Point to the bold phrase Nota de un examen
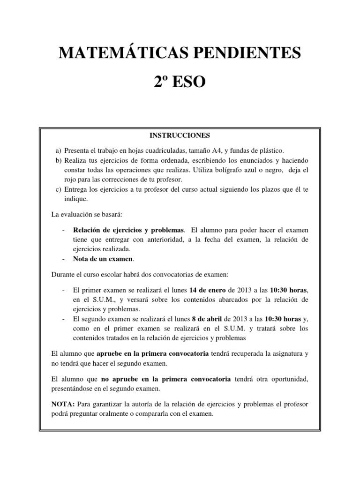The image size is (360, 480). [x=103, y=258]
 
